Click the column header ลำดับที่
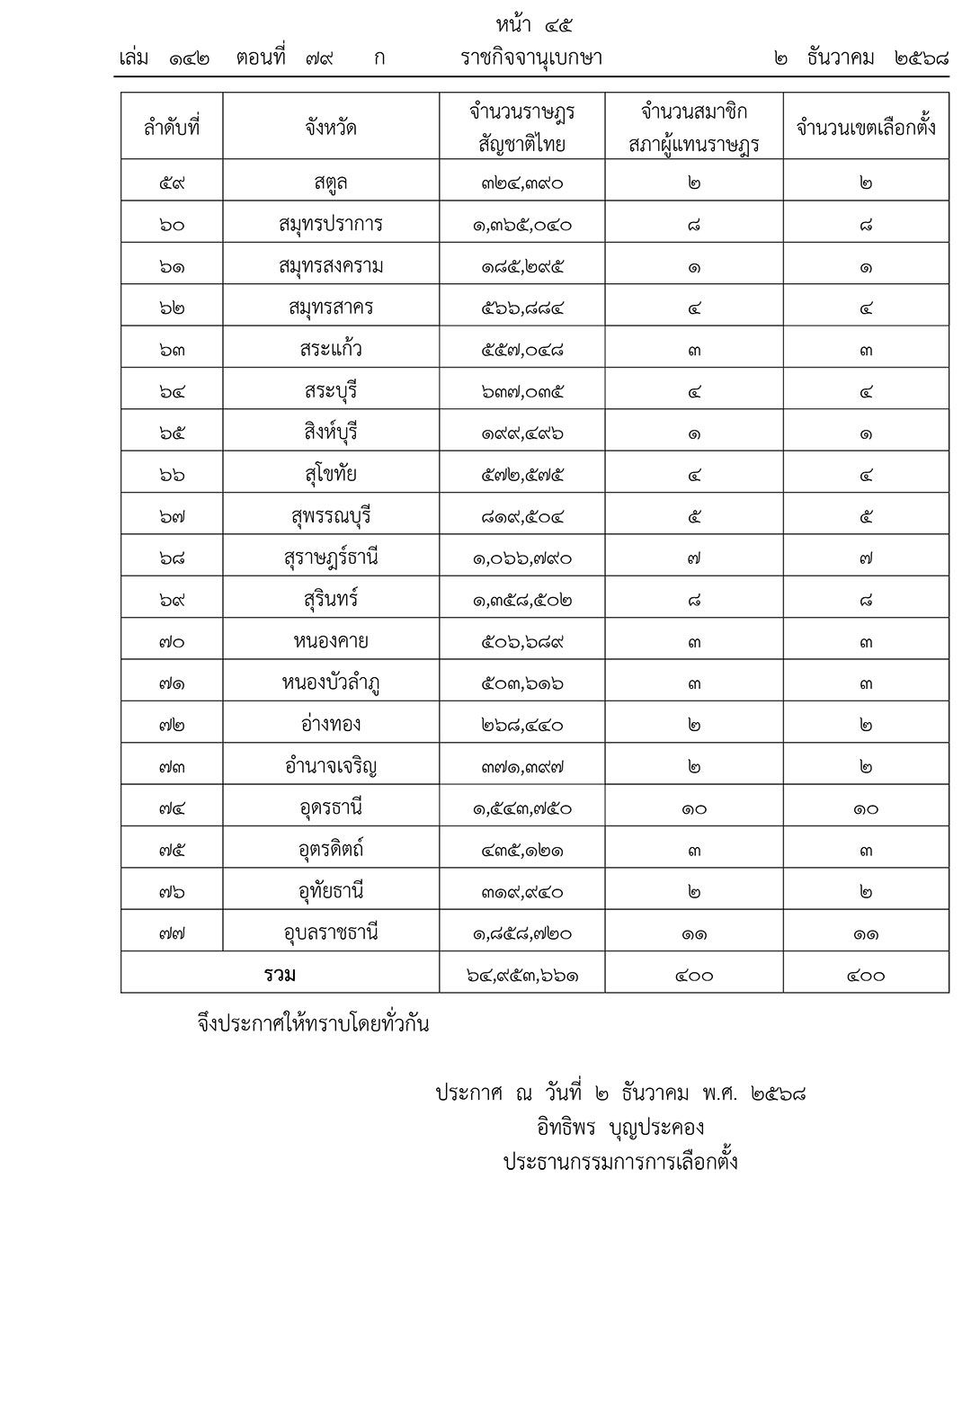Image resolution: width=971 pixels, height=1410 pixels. pyautogui.click(x=172, y=127)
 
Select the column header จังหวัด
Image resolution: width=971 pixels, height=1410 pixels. pyautogui.click(x=331, y=127)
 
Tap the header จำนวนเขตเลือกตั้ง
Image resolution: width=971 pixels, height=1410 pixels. pyautogui.click(x=866, y=127)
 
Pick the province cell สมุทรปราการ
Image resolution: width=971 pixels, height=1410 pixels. pyautogui.click(x=331, y=224)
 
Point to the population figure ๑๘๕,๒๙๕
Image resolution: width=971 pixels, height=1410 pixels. pyautogui.click(x=522, y=266)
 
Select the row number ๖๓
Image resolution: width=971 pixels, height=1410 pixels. pyautogui.click(x=172, y=350)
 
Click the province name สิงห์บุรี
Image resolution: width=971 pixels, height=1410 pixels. pyautogui.click(x=331, y=433)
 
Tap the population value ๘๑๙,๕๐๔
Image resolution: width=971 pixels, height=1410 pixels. pyautogui.click(x=522, y=516)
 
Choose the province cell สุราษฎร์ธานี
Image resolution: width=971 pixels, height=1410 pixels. pyautogui.click(x=331, y=558)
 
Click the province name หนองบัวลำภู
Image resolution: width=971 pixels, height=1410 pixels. pyautogui.click(x=331, y=683)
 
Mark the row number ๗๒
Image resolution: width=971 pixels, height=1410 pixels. pyautogui.click(x=172, y=725)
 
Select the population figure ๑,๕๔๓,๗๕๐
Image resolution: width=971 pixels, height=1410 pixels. pyautogui.click(x=522, y=808)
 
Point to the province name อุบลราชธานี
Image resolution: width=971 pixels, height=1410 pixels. pyautogui.click(x=331, y=933)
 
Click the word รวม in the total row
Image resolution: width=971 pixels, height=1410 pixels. pyautogui.click(x=281, y=974)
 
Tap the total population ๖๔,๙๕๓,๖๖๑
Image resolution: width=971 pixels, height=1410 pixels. pyautogui.click(x=522, y=975)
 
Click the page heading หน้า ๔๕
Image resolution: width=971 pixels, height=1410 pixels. pyautogui.click(x=534, y=24)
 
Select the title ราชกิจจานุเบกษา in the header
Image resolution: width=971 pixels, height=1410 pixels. pyautogui.click(x=530, y=58)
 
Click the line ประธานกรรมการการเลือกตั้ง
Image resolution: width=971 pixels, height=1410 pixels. pyautogui.click(x=620, y=1162)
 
